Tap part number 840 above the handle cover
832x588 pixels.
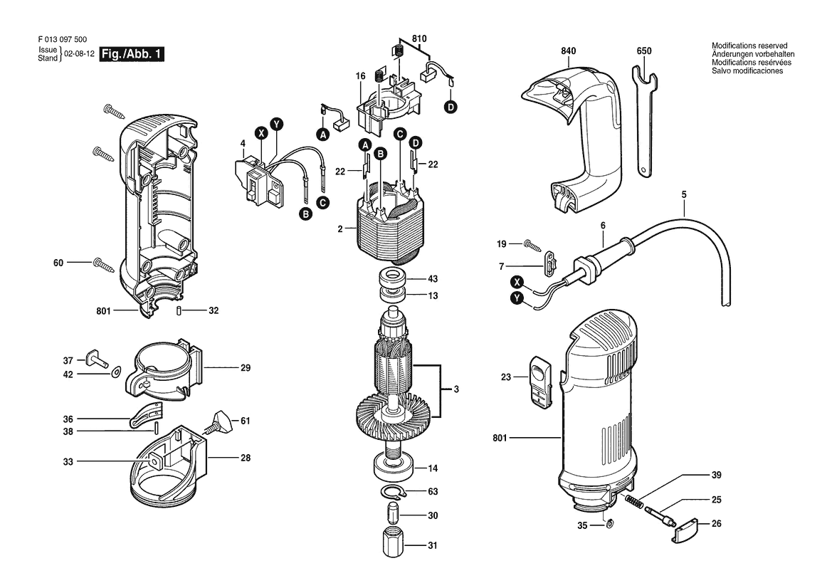point(568,51)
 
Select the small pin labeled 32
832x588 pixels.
point(181,311)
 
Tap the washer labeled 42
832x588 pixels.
point(115,372)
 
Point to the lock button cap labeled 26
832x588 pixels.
point(685,530)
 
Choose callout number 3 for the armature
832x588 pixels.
point(456,389)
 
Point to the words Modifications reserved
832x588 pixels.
point(749,46)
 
